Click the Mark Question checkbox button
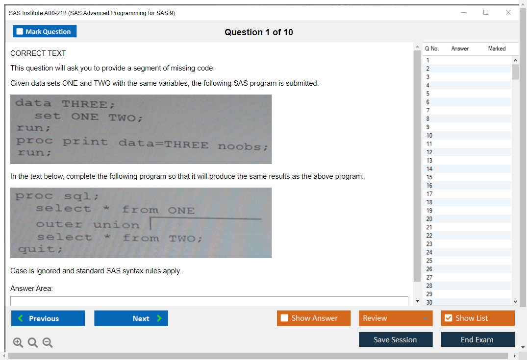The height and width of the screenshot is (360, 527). point(44,31)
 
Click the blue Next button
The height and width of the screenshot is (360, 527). point(131,318)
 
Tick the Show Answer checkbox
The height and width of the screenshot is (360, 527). point(284,318)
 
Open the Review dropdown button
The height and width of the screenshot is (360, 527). point(396,318)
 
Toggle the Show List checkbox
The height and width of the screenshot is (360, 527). point(449,318)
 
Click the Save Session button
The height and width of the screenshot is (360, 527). point(396,339)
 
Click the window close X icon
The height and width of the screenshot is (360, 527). point(508,12)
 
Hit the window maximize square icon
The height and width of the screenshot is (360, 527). point(486,12)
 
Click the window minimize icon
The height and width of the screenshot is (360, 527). point(464,12)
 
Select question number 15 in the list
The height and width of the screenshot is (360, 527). point(429,177)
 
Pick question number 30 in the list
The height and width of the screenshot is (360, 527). point(429,302)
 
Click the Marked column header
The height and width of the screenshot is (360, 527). point(497,48)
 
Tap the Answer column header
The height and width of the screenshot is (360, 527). point(460,48)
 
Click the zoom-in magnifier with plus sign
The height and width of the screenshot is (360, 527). point(18,342)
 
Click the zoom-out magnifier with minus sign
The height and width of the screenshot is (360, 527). point(48,342)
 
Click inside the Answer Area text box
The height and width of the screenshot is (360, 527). point(209,301)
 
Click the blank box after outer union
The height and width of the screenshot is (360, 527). point(206,224)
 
